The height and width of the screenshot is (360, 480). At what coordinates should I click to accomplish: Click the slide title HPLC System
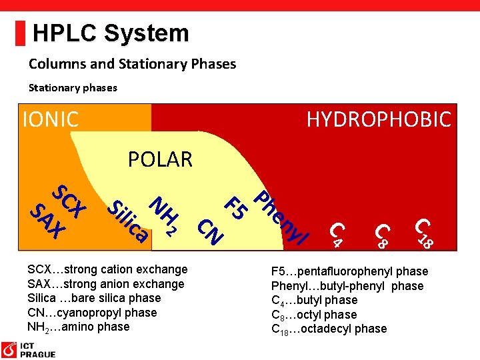111,33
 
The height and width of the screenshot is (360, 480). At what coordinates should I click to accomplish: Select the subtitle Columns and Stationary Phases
132,64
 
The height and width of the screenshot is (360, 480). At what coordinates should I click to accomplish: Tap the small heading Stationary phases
73,87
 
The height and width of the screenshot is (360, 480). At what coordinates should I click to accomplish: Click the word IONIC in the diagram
51,119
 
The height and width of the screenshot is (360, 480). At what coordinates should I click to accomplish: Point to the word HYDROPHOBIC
378,119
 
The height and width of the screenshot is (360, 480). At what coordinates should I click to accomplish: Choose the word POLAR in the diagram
160,159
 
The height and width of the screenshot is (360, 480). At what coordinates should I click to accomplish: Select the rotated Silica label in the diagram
127,220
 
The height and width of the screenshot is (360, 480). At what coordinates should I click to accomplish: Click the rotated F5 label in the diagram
236,207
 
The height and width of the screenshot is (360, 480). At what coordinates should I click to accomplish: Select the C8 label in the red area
381,235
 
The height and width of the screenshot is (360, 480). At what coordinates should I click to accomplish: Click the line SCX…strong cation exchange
107,269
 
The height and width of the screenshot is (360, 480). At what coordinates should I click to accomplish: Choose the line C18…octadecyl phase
329,329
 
